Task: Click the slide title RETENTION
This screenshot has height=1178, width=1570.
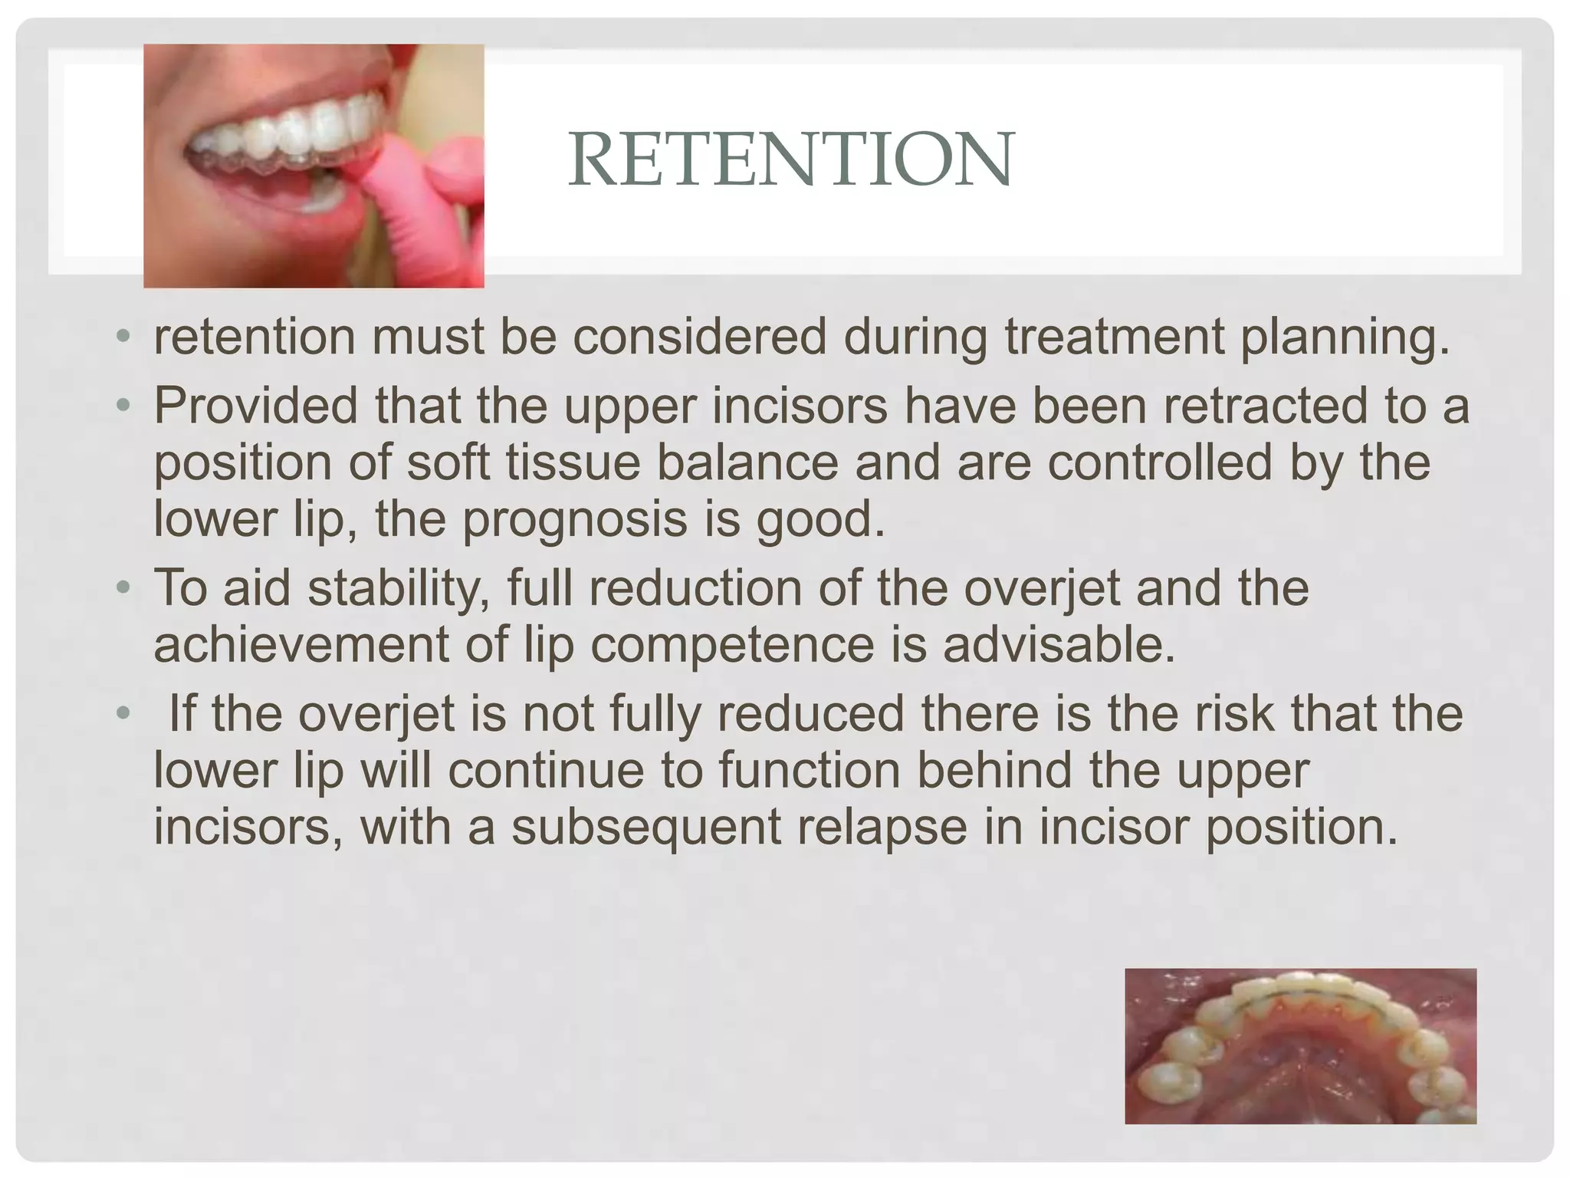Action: pos(791,159)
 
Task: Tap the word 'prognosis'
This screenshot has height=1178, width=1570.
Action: pos(575,520)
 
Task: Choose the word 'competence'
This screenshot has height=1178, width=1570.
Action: pos(732,645)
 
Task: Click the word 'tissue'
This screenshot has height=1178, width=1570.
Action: pos(567,462)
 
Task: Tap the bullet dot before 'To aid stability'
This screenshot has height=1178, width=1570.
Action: pos(123,589)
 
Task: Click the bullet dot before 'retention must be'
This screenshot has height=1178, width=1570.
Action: pos(123,337)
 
